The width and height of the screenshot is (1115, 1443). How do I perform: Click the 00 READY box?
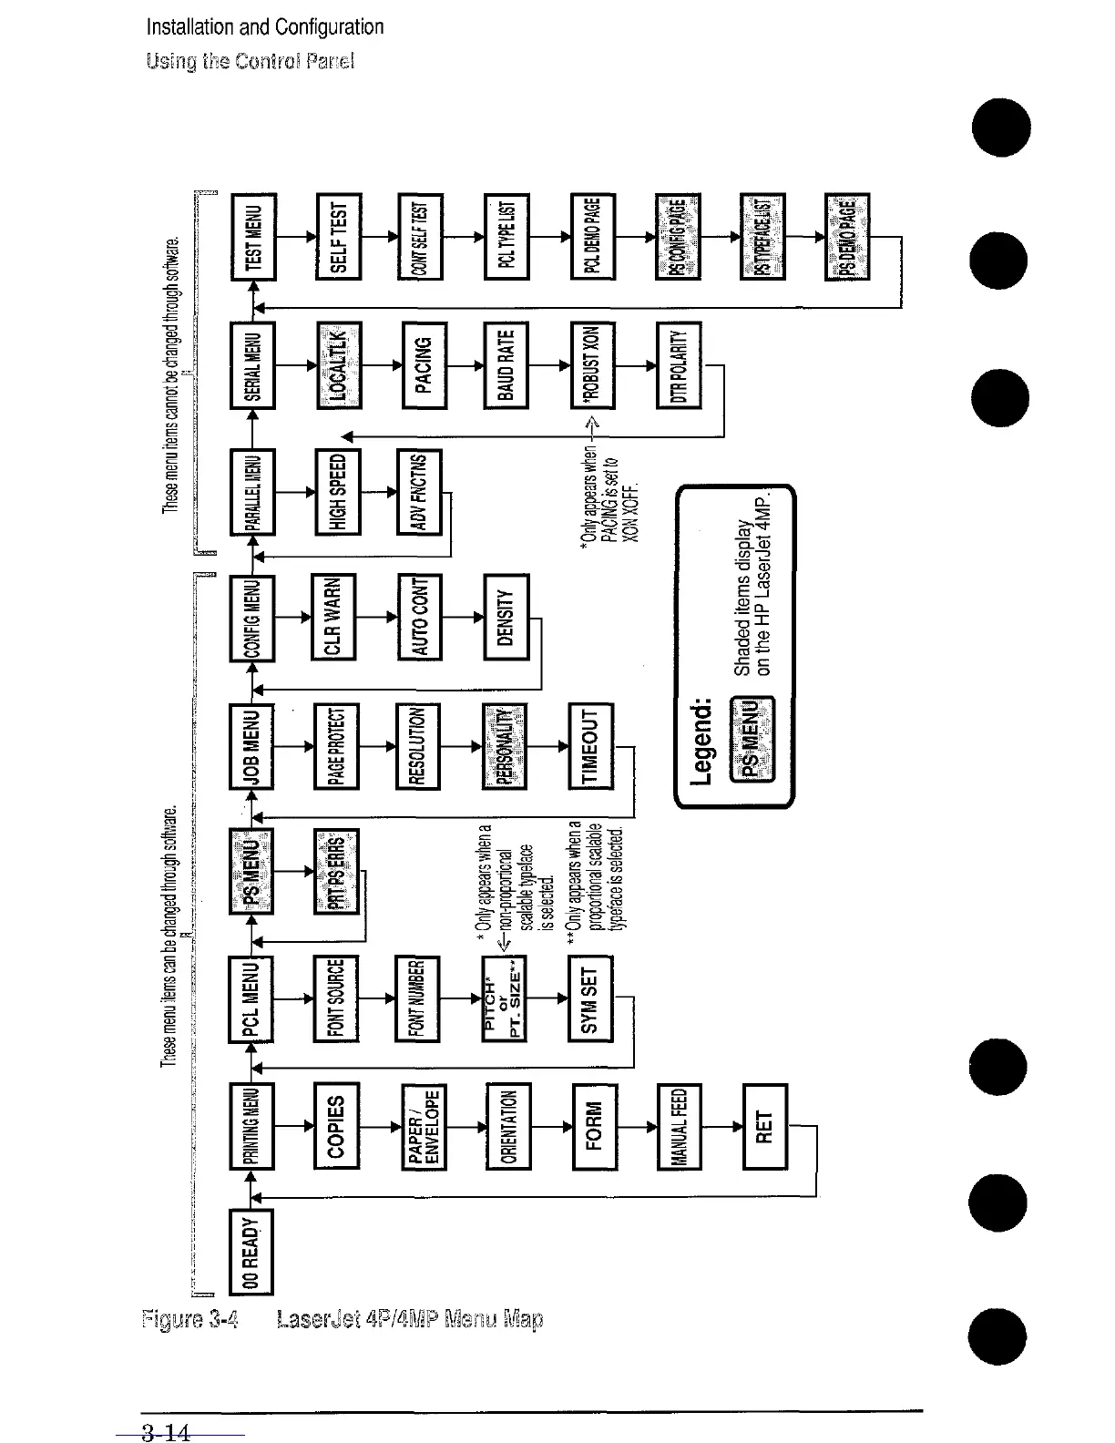tap(251, 1253)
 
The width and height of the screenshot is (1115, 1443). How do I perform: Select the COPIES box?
tap(336, 1126)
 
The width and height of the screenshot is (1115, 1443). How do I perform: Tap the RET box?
tap(765, 1126)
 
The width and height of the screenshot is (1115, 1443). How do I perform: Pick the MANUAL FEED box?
tap(680, 1126)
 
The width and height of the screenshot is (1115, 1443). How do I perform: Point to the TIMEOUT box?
tap(590, 745)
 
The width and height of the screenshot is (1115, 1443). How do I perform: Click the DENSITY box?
tap(506, 618)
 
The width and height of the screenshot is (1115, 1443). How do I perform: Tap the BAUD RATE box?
tap(506, 364)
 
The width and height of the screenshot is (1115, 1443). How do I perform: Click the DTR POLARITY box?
tap(679, 364)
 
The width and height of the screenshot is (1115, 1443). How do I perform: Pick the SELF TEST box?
tap(338, 236)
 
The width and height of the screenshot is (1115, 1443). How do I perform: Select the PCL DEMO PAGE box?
tap(593, 236)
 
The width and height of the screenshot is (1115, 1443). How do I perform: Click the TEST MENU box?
tap(254, 236)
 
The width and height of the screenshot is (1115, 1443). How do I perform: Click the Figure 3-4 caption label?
tap(189, 1319)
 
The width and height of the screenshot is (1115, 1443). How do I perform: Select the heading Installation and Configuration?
tap(265, 27)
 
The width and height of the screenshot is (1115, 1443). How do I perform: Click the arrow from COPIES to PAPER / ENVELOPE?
tap(380, 1126)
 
